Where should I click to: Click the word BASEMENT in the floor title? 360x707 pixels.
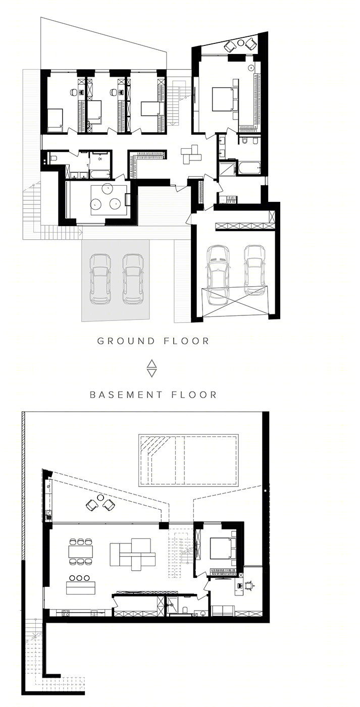tap(126, 395)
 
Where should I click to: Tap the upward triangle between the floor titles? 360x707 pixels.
tap(152, 363)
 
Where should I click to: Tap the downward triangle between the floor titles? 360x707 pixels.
tap(152, 373)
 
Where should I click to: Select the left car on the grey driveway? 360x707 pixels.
tap(100, 279)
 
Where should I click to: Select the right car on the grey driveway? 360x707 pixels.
tap(133, 279)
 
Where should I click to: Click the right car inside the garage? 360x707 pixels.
tap(254, 270)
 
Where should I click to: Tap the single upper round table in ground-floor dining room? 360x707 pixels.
tap(108, 188)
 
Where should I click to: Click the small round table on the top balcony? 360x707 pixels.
tap(241, 42)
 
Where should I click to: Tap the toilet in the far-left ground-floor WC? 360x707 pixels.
tap(53, 158)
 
